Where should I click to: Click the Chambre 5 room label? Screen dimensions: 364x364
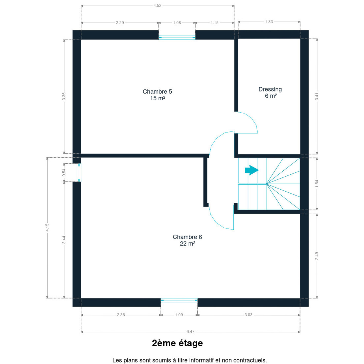point(157,95)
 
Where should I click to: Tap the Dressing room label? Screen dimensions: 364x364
point(270,93)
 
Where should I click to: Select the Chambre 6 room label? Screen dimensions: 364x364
point(187,240)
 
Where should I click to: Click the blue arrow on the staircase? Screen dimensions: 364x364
point(252,170)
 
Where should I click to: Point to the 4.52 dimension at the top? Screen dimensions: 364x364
point(157,6)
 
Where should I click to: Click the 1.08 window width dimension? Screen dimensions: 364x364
point(177,23)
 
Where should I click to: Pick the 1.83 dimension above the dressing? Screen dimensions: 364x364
point(269,22)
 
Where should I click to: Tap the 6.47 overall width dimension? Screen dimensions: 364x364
point(190,332)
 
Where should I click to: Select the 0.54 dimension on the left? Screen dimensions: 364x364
point(64,172)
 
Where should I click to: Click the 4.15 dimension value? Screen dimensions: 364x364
point(47,227)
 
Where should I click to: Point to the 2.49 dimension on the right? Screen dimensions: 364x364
point(317,256)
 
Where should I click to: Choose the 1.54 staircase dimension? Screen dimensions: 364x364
point(317,184)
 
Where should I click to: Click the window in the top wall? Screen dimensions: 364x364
point(177,38)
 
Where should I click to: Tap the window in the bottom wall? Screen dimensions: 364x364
point(179,300)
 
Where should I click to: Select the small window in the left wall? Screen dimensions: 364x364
point(79,173)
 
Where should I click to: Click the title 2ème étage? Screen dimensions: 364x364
point(177,343)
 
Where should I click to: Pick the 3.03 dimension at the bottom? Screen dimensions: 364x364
point(248,315)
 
